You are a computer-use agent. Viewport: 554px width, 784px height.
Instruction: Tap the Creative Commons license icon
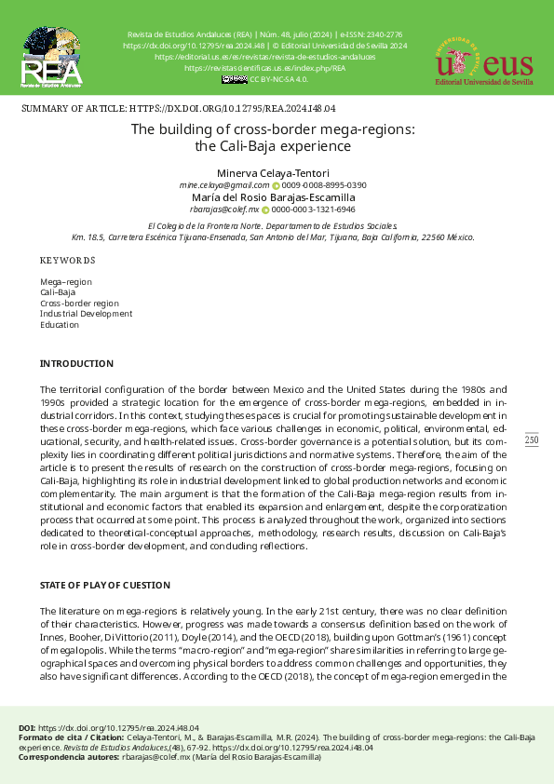[x=235, y=80]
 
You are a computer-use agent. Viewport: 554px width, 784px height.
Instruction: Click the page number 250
[x=532, y=439]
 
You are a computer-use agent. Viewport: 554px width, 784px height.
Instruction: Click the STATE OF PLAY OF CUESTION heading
[x=104, y=585]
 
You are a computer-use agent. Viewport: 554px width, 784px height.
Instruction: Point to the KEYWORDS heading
[x=67, y=261]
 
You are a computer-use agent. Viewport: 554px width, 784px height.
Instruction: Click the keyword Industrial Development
[x=86, y=314]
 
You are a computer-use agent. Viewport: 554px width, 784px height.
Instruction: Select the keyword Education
[x=59, y=325]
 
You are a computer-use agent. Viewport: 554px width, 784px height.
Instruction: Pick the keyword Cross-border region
[x=79, y=303]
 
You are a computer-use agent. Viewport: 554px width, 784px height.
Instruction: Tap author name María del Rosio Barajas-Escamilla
[x=273, y=197]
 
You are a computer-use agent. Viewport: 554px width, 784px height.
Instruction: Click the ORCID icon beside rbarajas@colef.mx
[x=265, y=210]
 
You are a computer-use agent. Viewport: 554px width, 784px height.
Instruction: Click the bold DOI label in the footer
[x=27, y=726]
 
